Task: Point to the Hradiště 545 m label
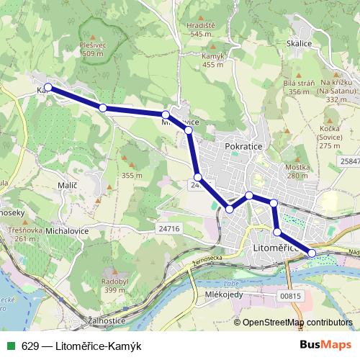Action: click(x=202, y=29)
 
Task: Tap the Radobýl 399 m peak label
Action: click(x=115, y=285)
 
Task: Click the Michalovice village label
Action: click(x=68, y=233)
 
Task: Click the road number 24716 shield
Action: click(x=167, y=228)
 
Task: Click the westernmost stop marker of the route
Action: click(x=48, y=88)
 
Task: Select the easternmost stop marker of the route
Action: click(x=312, y=253)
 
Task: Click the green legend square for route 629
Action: click(x=9, y=345)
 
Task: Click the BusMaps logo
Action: click(x=325, y=344)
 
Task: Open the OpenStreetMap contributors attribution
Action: click(x=297, y=322)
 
